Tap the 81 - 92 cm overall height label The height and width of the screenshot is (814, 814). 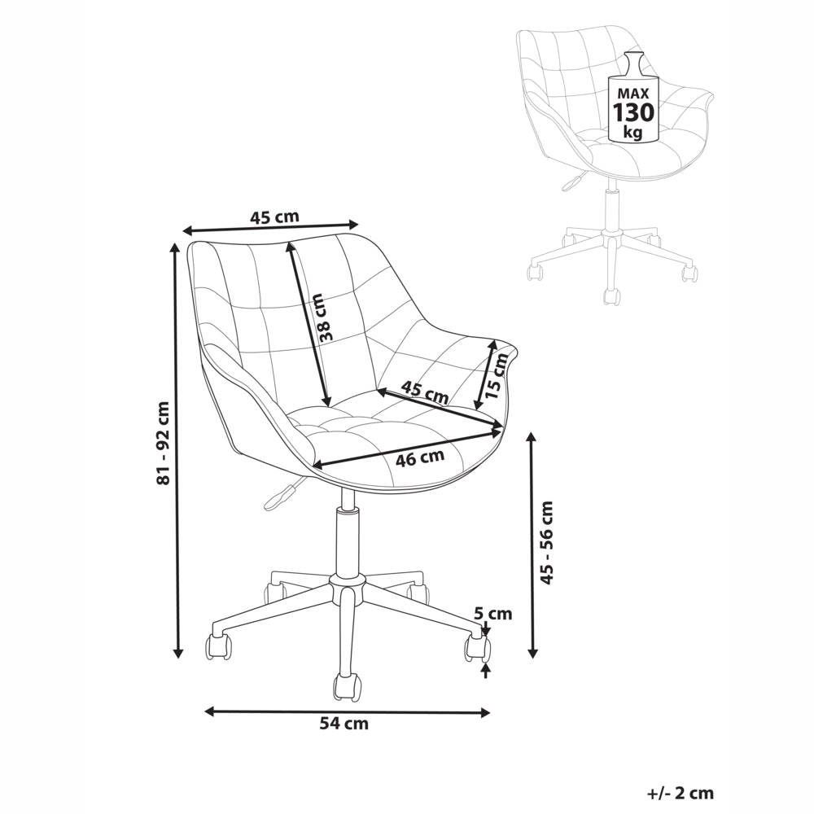pos(164,444)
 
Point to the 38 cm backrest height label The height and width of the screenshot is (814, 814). pos(326,317)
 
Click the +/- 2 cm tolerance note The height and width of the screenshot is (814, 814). pos(680,792)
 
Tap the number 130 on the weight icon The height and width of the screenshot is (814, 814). pos(632,112)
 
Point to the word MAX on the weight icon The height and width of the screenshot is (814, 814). pos(632,90)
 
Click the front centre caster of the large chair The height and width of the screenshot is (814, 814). pos(347,686)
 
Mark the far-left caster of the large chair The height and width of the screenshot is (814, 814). pos(218,646)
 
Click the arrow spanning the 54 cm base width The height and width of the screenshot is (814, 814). pos(347,711)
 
